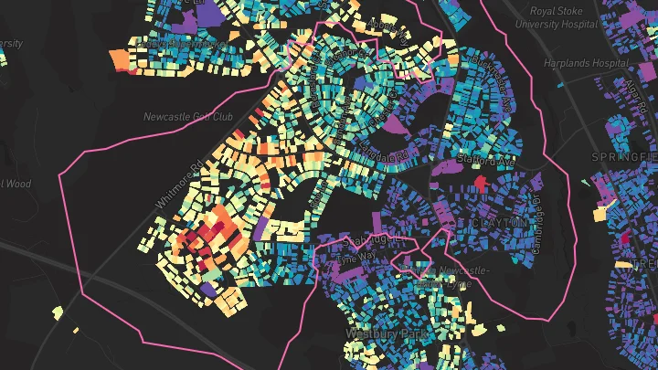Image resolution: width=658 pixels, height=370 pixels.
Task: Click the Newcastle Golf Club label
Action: pyautogui.click(x=188, y=117)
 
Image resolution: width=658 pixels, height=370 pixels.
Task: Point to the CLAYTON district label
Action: pyautogui.click(x=499, y=223)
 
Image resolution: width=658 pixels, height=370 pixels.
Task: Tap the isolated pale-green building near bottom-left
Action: pyautogui.click(x=57, y=312)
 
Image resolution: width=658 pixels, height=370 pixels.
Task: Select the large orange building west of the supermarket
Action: pyautogui.click(x=120, y=59)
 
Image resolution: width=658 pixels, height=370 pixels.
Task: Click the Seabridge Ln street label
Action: pyautogui.click(x=365, y=239)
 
